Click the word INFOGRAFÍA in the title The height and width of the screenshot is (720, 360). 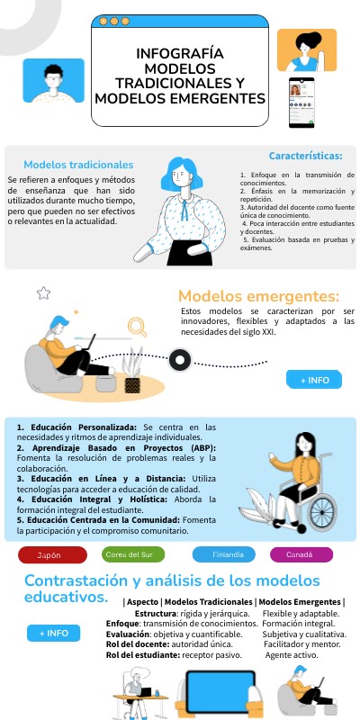[179, 54]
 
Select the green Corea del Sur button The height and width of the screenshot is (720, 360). [134, 554]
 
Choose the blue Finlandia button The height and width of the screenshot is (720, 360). [227, 554]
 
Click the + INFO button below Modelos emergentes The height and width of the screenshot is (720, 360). [314, 380]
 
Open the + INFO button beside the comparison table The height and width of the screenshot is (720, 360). [54, 633]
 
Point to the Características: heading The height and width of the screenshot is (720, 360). [305, 155]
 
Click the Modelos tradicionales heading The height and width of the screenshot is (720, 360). [78, 165]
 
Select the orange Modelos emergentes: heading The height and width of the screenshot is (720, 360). [258, 295]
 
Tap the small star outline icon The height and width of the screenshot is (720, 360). [43, 292]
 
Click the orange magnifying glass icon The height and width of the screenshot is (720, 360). [137, 327]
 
